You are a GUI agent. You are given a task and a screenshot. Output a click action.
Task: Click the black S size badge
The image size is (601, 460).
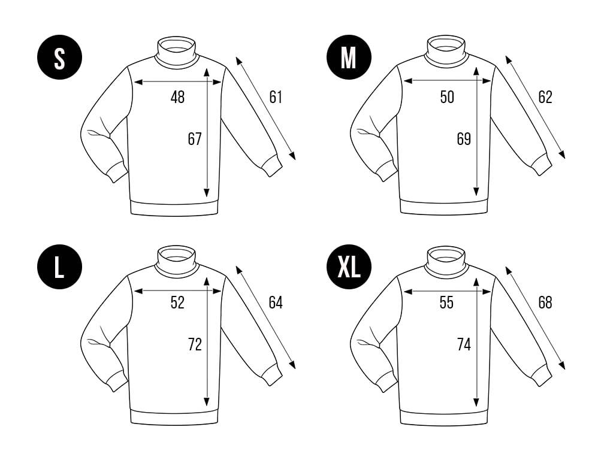click(59, 57)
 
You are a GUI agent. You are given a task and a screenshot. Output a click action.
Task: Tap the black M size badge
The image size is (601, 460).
click(349, 57)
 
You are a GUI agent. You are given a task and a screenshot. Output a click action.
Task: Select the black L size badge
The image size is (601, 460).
click(59, 267)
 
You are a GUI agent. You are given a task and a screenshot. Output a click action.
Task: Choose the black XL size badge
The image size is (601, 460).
click(349, 267)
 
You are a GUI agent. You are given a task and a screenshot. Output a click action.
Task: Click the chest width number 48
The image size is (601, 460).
click(177, 97)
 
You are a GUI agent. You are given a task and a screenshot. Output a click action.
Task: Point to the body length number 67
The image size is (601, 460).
click(195, 138)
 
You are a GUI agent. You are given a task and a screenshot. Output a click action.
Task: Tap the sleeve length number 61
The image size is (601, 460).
click(276, 97)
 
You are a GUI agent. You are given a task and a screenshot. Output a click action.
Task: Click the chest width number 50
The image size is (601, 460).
click(447, 97)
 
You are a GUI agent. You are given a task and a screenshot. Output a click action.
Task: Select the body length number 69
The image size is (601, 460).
click(464, 138)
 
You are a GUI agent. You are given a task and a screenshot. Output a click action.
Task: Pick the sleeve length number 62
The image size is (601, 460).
click(545, 97)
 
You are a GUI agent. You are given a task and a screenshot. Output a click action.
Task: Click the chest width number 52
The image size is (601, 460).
click(177, 302)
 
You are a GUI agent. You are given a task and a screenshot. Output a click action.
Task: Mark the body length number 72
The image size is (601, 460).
click(195, 344)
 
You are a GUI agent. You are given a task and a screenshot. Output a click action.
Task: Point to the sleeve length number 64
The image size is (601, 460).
click(276, 302)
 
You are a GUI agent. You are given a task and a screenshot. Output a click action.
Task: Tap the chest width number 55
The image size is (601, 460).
click(447, 302)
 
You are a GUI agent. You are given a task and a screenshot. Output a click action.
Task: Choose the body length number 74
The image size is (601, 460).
click(464, 344)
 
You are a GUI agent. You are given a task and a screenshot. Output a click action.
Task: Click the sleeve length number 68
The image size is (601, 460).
click(545, 302)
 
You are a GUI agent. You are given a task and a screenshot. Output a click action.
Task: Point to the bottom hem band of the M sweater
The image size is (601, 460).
click(445, 207)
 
